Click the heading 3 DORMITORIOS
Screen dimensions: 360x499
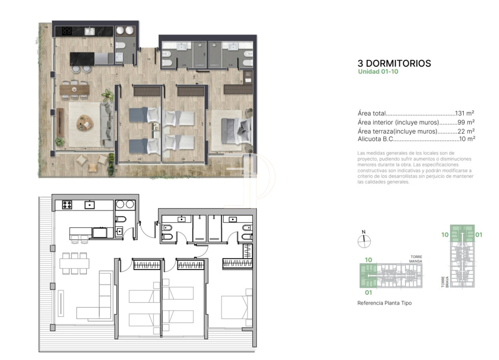394,63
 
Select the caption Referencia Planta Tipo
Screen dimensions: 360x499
384,303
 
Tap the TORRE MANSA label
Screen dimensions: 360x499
416,259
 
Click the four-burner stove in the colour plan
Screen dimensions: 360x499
67,30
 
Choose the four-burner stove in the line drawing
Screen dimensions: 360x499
67,204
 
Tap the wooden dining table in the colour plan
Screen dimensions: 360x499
74,89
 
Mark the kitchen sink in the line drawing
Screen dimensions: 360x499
89,204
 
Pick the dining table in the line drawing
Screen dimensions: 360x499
74,263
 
